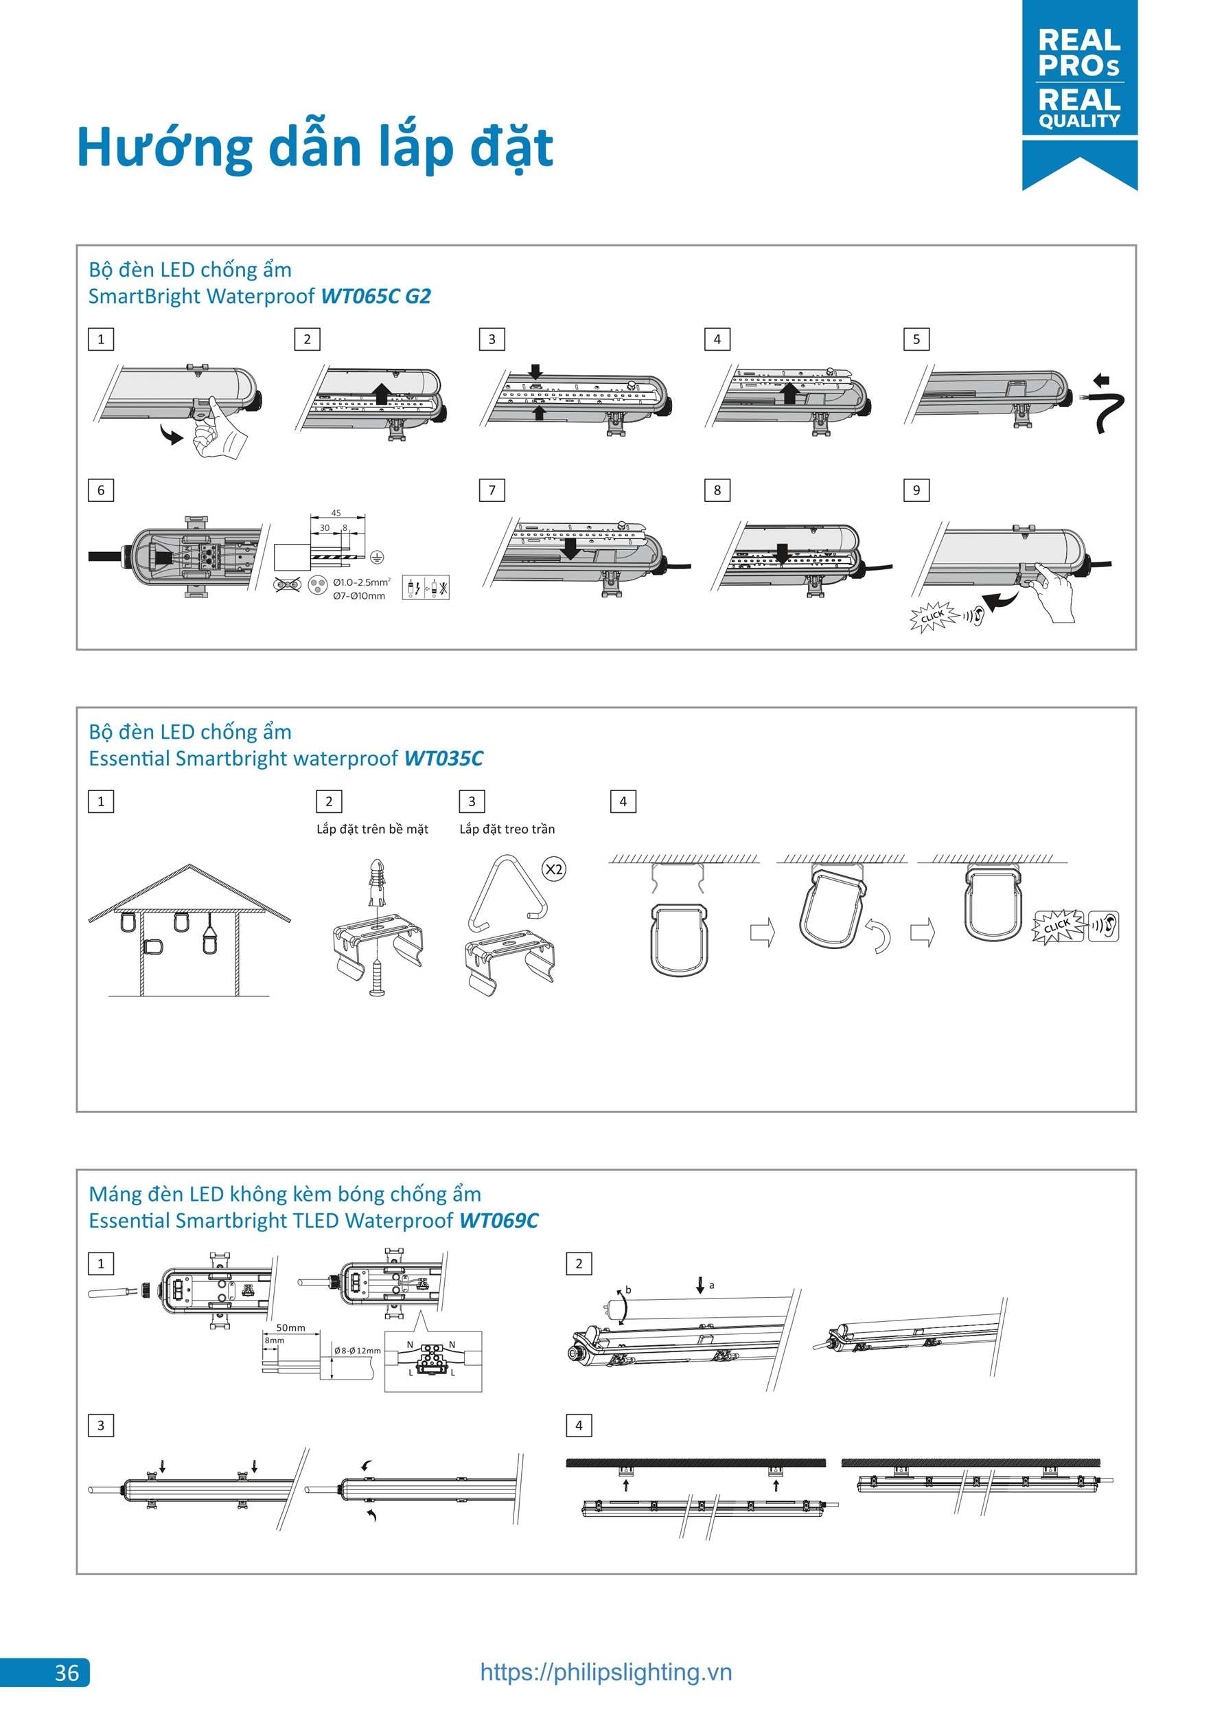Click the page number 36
(67, 1672)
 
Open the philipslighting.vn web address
(605, 1671)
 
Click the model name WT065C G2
(376, 297)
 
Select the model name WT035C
(443, 759)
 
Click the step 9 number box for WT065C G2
(916, 490)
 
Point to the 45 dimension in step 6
(336, 513)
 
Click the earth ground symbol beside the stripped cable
(378, 557)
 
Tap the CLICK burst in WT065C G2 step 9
(932, 617)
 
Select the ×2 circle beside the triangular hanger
(553, 869)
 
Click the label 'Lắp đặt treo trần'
(507, 829)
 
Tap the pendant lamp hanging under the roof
(210, 938)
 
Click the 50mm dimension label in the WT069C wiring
(291, 1327)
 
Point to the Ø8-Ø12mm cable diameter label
(357, 1351)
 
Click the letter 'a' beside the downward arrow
(711, 1285)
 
